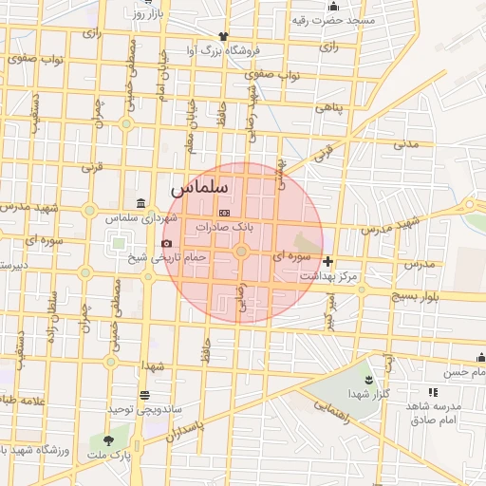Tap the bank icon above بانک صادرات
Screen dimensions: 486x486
pos(224,213)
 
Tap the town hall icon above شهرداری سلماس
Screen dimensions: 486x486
pos(140,202)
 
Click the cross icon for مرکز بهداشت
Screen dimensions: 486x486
pos(328,261)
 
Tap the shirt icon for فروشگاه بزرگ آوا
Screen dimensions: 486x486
pos(222,35)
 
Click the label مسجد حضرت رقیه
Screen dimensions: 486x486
pos(335,20)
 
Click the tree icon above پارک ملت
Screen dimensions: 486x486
pos(106,440)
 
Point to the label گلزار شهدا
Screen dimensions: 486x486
pos(369,394)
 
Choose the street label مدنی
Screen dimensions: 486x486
pos(406,144)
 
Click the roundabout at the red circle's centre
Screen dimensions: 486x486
pos(242,252)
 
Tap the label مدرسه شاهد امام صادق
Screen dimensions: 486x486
pos(433,412)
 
